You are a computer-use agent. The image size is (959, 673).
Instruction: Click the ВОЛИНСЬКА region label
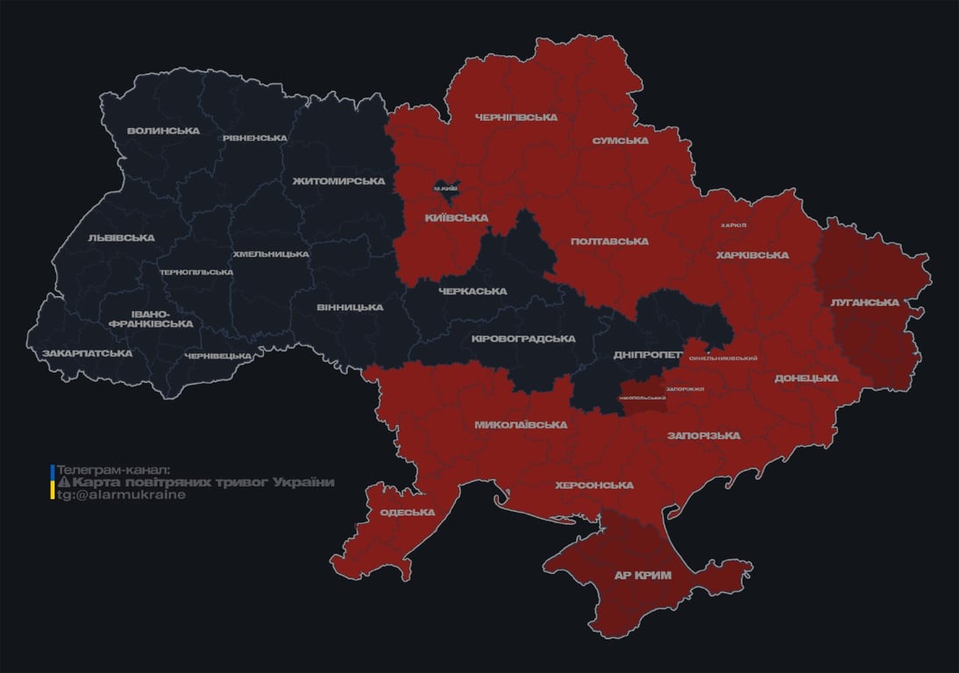(x=163, y=131)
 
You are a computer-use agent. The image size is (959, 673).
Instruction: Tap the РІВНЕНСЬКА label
(x=254, y=138)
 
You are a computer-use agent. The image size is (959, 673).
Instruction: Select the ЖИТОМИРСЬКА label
(x=339, y=181)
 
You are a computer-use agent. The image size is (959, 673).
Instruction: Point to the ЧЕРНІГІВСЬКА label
(x=515, y=117)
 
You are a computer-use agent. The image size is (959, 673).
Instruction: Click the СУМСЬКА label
(x=620, y=140)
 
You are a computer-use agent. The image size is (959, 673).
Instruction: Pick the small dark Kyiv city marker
(x=446, y=187)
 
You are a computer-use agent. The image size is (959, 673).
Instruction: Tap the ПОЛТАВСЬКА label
(x=609, y=241)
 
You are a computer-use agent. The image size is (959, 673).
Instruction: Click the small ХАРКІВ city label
(x=733, y=225)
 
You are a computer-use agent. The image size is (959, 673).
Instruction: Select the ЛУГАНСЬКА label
(x=864, y=302)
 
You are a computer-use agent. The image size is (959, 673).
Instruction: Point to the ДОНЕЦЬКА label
(x=806, y=378)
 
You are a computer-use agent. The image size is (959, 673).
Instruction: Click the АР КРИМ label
(x=643, y=576)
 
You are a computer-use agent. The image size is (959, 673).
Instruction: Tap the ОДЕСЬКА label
(x=408, y=513)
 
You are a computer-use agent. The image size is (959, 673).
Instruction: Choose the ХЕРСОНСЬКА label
(x=594, y=485)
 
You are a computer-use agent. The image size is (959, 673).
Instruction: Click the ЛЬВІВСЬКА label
(x=121, y=237)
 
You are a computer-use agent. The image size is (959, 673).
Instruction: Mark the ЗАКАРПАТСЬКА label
(x=87, y=353)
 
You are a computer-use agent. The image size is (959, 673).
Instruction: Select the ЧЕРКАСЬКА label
(x=472, y=291)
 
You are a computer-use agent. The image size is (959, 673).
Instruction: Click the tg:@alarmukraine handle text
(x=121, y=495)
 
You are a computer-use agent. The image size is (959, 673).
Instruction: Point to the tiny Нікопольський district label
(x=642, y=398)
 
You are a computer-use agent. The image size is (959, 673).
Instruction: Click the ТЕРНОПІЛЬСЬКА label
(x=196, y=272)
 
